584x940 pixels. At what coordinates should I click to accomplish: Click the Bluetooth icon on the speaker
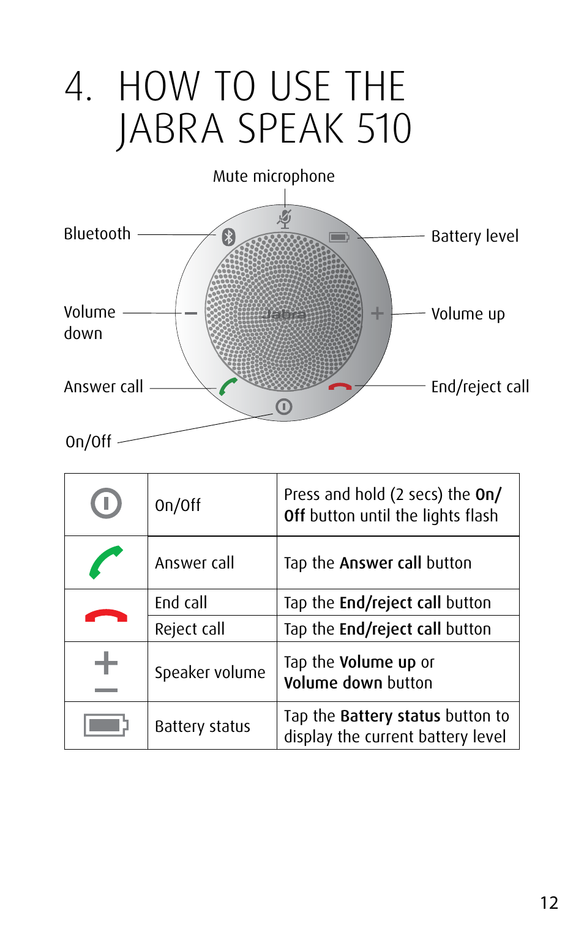pos(228,237)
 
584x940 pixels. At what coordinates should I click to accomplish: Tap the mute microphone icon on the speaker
pos(285,218)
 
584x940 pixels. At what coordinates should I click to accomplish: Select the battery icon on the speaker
pos(339,237)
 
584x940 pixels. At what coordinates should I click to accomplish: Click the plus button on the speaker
pos(377,313)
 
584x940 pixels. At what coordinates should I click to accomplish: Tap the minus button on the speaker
pos(191,313)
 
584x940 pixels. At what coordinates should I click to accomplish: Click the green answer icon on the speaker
pos(228,386)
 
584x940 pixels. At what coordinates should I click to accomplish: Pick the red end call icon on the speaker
pos(340,387)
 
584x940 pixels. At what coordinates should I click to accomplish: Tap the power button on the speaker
pos(284,406)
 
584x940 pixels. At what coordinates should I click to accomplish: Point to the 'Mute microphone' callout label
pos(274,176)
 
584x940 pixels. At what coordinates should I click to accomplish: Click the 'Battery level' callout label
pos(474,236)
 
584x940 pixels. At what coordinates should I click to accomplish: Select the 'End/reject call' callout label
pos(480,387)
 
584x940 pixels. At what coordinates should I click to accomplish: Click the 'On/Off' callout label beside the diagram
pos(89,442)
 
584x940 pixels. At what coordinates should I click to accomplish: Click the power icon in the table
pos(106,504)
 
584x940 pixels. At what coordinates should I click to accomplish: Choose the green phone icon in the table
pos(105,562)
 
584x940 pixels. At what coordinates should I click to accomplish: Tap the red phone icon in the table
pos(106,616)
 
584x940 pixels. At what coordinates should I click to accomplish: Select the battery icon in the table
pos(106,725)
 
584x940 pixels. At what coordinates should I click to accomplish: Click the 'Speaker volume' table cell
pos(210,673)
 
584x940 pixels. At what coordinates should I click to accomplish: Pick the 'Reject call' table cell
pos(190,629)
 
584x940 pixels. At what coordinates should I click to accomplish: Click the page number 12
pos(549,903)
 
